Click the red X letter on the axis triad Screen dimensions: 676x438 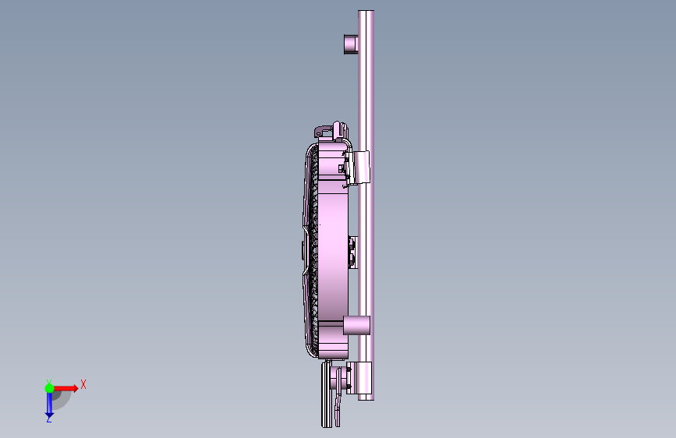(x=83, y=384)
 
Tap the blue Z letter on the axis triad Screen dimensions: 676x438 (x=49, y=419)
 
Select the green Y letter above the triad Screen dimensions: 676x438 (x=49, y=383)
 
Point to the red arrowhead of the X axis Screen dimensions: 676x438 (x=75, y=388)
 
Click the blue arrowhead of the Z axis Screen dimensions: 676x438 (x=49, y=415)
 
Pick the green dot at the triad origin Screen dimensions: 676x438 (x=49, y=388)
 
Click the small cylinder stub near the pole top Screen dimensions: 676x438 (x=351, y=44)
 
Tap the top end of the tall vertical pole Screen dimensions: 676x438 (x=366, y=12)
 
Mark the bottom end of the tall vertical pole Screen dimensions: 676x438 (x=366, y=399)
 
